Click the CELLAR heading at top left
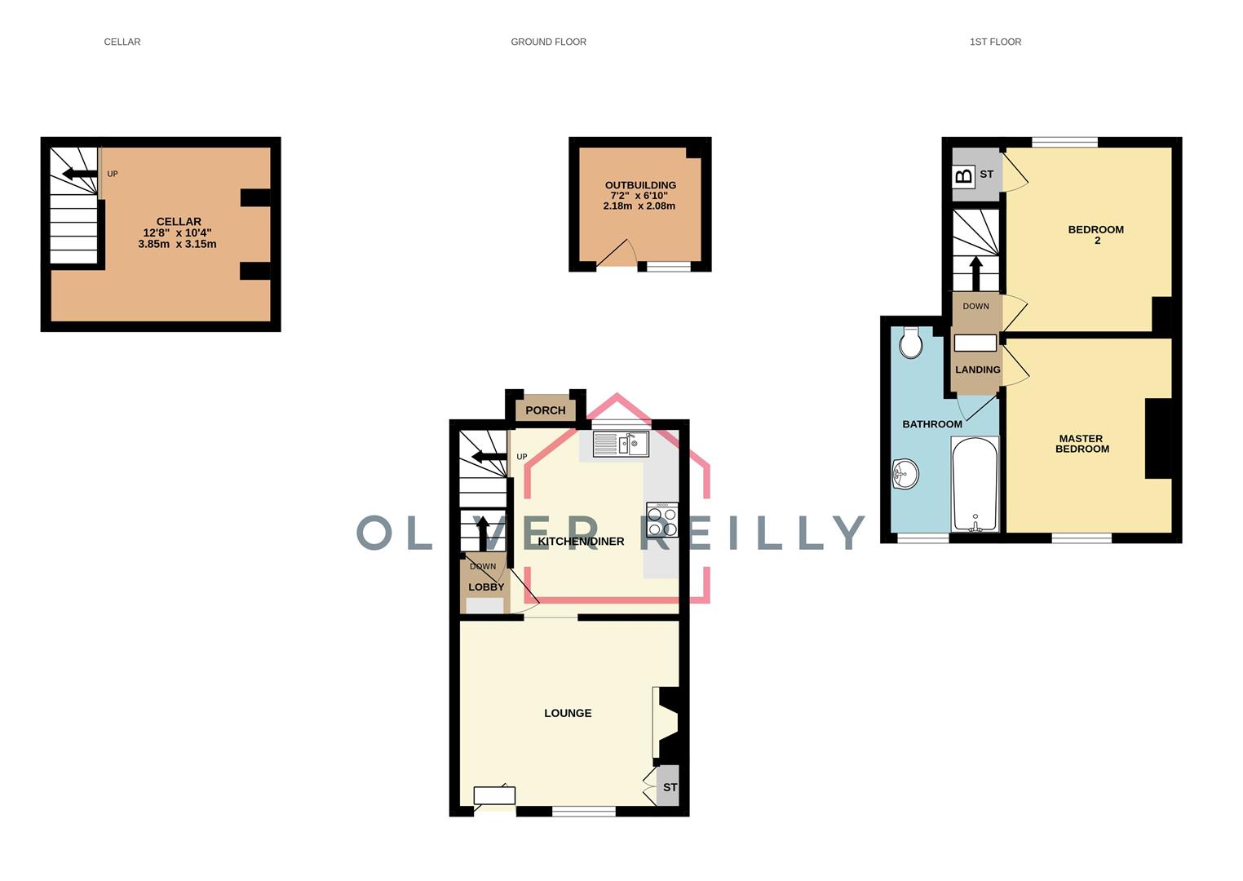pyautogui.click(x=122, y=42)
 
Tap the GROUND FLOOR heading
pyautogui.click(x=548, y=42)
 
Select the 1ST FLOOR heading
pyautogui.click(x=995, y=42)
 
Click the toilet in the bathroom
pyautogui.click(x=911, y=343)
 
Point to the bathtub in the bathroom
pyautogui.click(x=975, y=485)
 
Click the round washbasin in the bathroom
pyautogui.click(x=905, y=474)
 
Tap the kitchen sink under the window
pyautogui.click(x=621, y=444)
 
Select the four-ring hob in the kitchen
pyautogui.click(x=661, y=520)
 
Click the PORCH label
pyautogui.click(x=546, y=410)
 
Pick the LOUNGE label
pyautogui.click(x=568, y=713)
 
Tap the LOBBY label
pyautogui.click(x=486, y=587)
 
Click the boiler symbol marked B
pyautogui.click(x=963, y=175)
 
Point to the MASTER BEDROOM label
pyautogui.click(x=1082, y=444)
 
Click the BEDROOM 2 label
pyautogui.click(x=1096, y=235)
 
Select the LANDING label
pyautogui.click(x=977, y=370)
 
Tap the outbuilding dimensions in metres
pyautogui.click(x=639, y=206)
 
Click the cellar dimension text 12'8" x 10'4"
pyautogui.click(x=177, y=232)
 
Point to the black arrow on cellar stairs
pyautogui.click(x=78, y=173)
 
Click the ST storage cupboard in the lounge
pyautogui.click(x=670, y=787)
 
